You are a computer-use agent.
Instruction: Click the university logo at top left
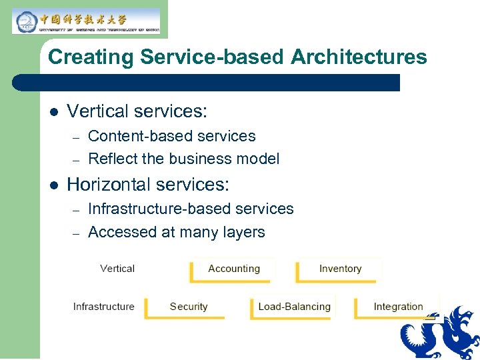coord(86,21)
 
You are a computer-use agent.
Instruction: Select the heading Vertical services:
coord(137,111)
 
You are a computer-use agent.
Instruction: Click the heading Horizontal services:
coord(148,183)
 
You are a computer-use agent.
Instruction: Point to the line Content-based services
coord(171,136)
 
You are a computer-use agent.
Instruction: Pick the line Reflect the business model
coord(183,159)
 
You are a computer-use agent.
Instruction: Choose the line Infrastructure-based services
coord(191,209)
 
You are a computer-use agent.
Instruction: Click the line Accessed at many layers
coord(176,232)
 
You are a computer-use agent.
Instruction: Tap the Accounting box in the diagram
coord(233,269)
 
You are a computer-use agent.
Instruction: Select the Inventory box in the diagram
coord(340,269)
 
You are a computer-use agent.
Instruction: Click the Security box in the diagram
coord(189,307)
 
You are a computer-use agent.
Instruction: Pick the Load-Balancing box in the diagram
coord(294,307)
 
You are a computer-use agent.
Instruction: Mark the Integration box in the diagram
coord(398,307)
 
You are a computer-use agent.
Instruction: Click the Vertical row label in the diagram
coord(117,269)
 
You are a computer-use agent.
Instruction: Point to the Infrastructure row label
coord(103,307)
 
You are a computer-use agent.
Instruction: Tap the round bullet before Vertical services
coord(55,111)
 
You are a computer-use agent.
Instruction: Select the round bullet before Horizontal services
coord(55,184)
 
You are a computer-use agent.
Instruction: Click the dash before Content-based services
coord(77,137)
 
